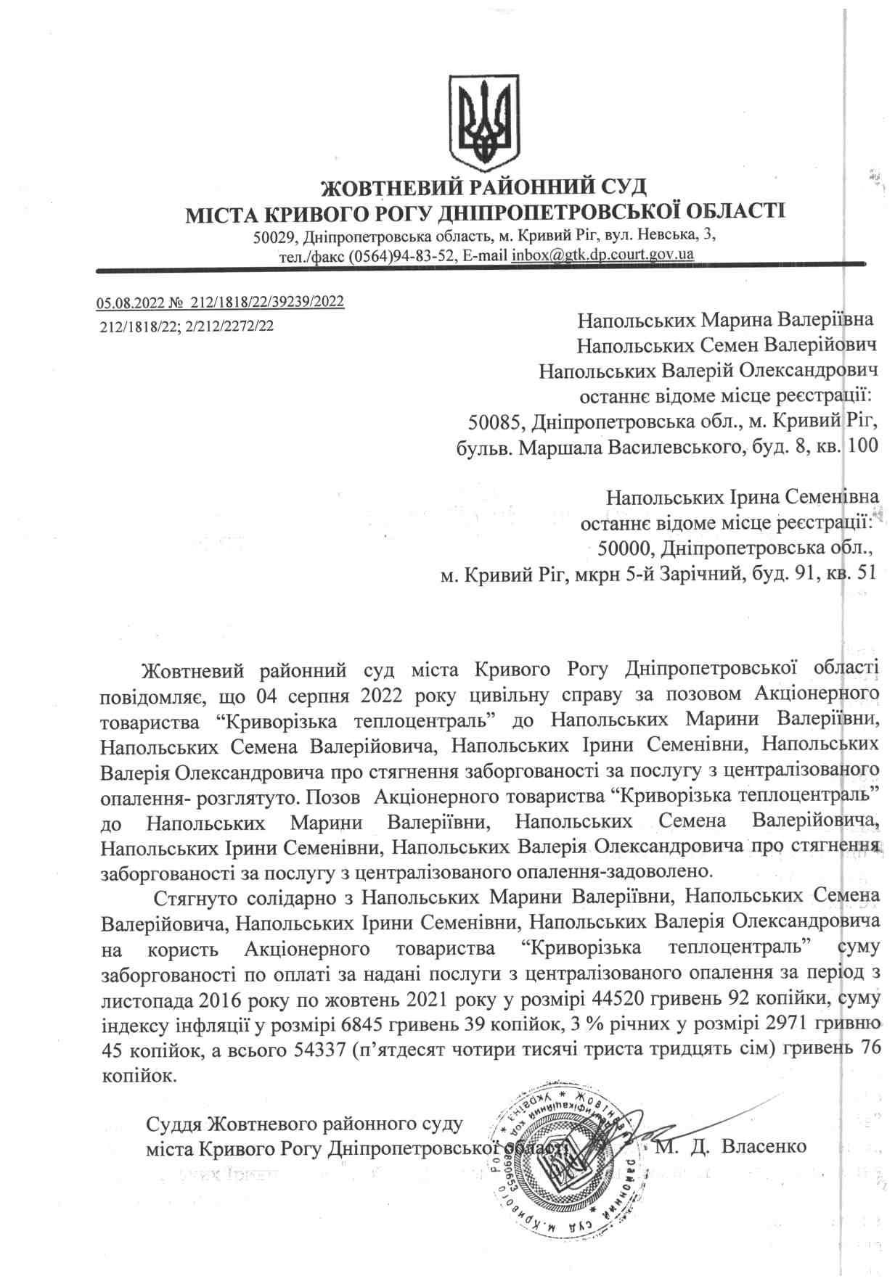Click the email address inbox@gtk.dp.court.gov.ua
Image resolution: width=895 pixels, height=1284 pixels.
click(x=602, y=255)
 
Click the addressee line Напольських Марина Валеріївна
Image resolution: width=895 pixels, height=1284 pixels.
click(x=725, y=318)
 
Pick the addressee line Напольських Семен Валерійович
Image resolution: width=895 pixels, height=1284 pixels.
click(x=727, y=344)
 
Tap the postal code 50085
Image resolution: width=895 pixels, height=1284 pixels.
click(x=494, y=421)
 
